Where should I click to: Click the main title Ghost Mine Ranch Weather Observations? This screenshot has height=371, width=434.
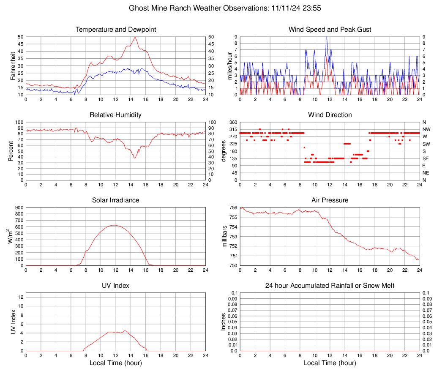(x=217, y=8)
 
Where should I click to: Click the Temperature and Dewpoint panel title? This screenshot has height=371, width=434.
(x=116, y=30)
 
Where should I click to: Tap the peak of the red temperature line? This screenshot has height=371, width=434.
(x=135, y=37)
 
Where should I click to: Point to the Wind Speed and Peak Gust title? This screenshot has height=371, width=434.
(x=330, y=30)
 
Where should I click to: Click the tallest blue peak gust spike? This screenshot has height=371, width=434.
(x=326, y=38)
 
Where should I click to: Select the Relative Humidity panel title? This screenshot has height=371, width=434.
(x=116, y=115)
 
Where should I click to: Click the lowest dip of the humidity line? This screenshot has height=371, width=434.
(x=135, y=158)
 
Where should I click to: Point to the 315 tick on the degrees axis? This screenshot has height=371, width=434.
(x=232, y=129)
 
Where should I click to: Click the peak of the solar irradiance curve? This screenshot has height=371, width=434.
(x=114, y=225)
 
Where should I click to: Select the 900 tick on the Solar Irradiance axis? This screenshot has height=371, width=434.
(x=19, y=207)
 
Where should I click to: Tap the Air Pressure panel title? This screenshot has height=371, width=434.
(x=330, y=200)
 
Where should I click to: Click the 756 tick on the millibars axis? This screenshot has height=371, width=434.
(x=232, y=207)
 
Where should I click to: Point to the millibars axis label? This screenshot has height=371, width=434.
(x=224, y=237)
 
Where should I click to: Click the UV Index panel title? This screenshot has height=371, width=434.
(x=116, y=286)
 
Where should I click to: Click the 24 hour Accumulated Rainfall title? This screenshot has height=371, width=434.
(x=330, y=286)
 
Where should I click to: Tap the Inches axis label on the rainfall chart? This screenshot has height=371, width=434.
(x=224, y=322)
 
